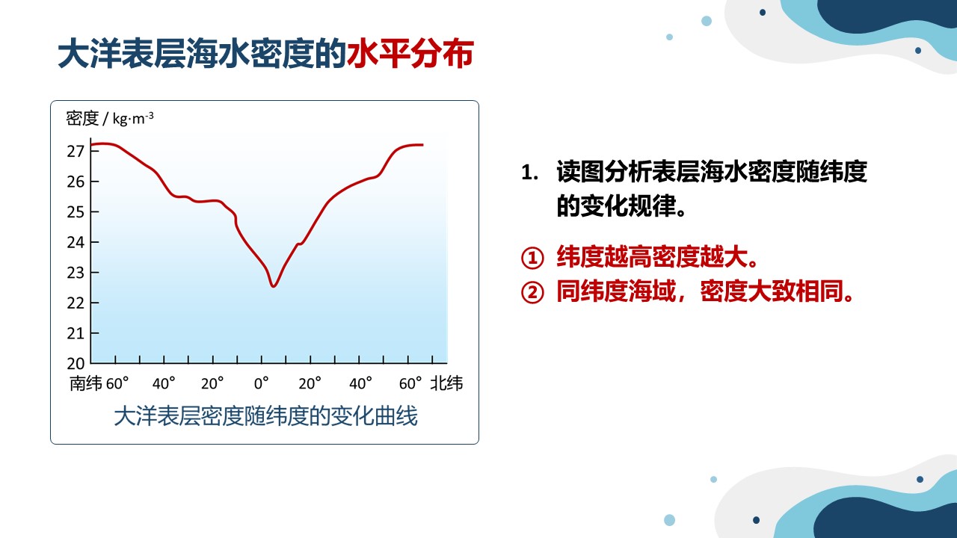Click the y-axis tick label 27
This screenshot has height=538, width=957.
(x=76, y=151)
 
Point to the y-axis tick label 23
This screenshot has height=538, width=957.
(x=76, y=273)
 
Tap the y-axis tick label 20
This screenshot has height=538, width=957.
(x=76, y=363)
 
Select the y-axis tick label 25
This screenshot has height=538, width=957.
(x=76, y=211)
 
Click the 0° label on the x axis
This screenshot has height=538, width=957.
(x=262, y=383)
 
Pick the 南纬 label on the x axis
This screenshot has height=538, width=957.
(x=86, y=383)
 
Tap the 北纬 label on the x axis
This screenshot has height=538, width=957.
(x=446, y=383)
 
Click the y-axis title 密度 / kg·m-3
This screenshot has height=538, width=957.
(x=110, y=118)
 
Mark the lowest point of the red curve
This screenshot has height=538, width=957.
(x=274, y=286)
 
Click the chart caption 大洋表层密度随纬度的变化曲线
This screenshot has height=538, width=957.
(x=265, y=416)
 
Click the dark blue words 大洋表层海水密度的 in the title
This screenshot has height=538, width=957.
(x=202, y=54)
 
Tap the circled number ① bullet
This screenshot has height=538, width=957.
(x=532, y=258)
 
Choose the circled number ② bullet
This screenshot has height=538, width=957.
(x=532, y=292)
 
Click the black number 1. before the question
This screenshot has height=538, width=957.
(x=530, y=173)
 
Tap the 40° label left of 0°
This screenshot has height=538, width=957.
(x=164, y=383)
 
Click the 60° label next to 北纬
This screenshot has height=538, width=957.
(x=410, y=383)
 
